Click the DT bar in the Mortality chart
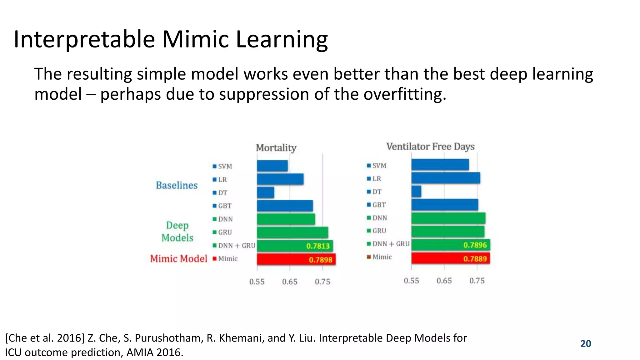[266, 192]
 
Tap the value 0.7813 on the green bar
[318, 246]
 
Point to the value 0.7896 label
[475, 245]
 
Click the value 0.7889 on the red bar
[475, 259]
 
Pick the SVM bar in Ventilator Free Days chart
[440, 165]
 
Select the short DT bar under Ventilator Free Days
[416, 191]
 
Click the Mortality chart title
[276, 147]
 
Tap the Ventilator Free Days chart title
[430, 147]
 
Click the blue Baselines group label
[177, 185]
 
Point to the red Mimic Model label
[178, 259]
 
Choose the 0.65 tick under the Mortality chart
[290, 282]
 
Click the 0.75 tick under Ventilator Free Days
[477, 281]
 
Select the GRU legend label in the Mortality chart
[225, 232]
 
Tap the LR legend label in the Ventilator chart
[377, 179]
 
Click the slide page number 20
[586, 343]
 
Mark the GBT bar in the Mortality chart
[285, 206]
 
